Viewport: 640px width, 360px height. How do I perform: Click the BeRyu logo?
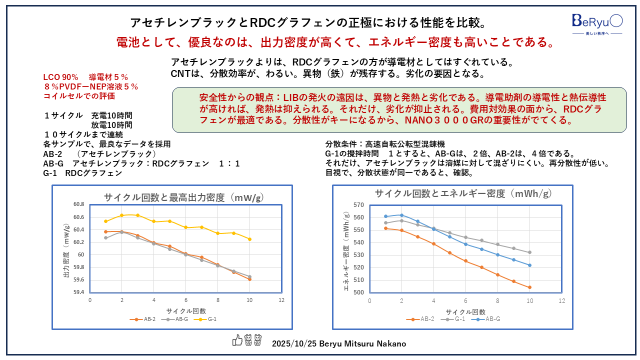[597, 22]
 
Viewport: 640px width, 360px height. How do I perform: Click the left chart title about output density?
[184, 197]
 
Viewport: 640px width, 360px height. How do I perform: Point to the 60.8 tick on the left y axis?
[79, 204]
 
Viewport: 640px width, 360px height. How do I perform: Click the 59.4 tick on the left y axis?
[79, 292]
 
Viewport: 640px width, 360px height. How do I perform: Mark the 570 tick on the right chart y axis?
[358, 205]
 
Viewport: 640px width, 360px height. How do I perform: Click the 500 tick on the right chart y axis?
[358, 292]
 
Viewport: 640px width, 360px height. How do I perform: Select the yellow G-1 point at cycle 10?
[249, 239]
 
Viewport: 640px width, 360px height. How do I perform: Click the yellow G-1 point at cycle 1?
[105, 221]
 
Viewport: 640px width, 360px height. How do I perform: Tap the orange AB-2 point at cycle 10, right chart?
[529, 287]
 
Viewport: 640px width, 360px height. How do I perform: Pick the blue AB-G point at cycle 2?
[401, 215]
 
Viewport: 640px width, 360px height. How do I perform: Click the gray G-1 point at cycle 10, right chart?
[529, 252]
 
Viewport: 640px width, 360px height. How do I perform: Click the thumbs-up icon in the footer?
[237, 340]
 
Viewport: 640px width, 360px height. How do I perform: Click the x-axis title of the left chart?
[185, 310]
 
